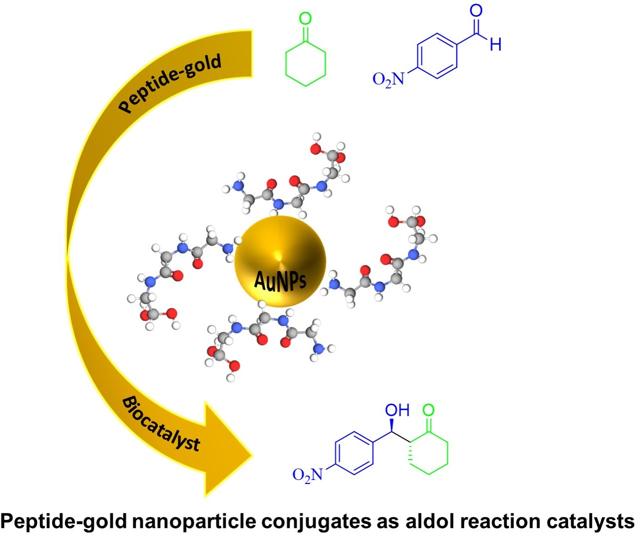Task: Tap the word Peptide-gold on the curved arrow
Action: tap(170, 83)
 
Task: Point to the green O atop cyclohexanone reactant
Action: tap(305, 19)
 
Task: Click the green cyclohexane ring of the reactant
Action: tap(306, 63)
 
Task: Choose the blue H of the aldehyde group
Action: tap(495, 45)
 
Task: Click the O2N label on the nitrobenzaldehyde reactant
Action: tap(388, 79)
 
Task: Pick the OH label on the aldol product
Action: tap(397, 410)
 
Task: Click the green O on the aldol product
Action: tap(428, 410)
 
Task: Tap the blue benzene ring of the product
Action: tap(354, 453)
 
